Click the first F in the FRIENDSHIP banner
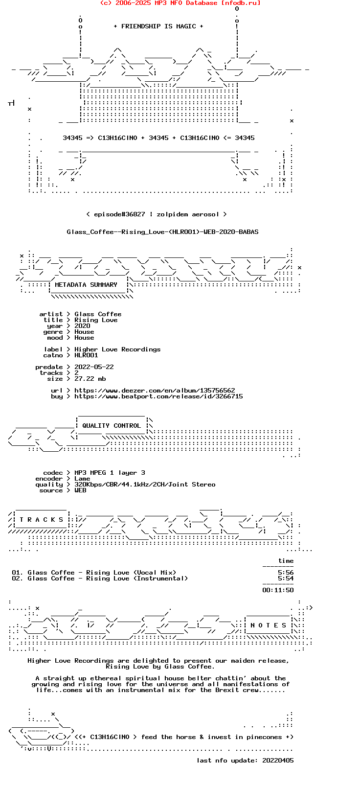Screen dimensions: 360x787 (x=123, y=26)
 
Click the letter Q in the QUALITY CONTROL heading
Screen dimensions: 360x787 (x=84, y=426)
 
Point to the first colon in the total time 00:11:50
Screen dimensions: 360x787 (x=272, y=590)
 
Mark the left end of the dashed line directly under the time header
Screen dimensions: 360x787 (x=263, y=567)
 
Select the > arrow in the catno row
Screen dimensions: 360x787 (x=68, y=355)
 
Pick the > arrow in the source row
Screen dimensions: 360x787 (x=68, y=490)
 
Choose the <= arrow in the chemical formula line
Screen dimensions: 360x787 (x=227, y=138)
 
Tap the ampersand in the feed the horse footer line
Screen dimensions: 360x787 (x=202, y=737)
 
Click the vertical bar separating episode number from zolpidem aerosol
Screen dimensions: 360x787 (x=151, y=214)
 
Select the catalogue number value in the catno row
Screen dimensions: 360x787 (x=86, y=355)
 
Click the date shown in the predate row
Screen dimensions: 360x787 (x=94, y=367)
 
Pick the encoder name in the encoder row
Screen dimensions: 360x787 (x=82, y=479)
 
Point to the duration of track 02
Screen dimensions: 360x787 (x=286, y=579)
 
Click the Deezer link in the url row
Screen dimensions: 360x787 (x=155, y=391)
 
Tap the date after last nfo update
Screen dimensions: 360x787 (x=278, y=761)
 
